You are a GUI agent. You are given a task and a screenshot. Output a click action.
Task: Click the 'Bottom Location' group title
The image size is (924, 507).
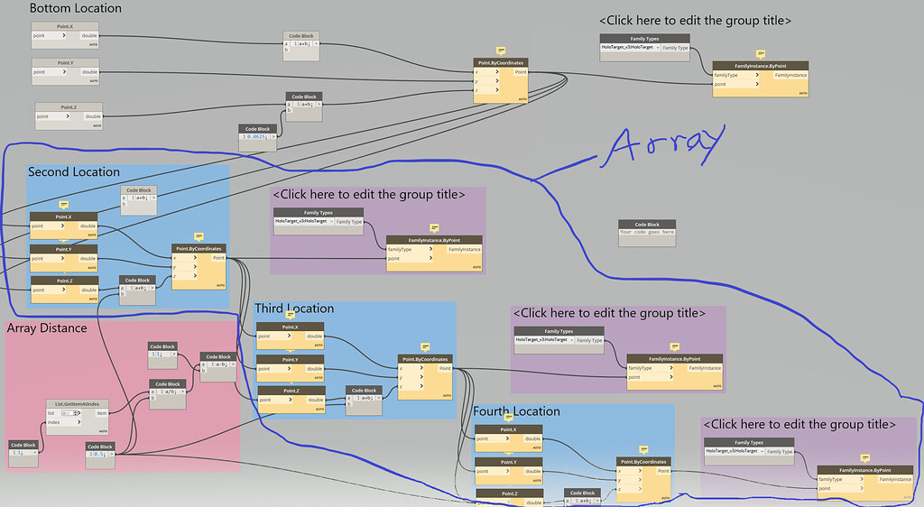[x=76, y=8]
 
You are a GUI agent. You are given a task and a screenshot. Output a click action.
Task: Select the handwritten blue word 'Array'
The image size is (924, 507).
[x=667, y=144]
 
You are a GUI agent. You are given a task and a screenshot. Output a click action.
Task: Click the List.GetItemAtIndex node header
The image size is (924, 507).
[x=78, y=403]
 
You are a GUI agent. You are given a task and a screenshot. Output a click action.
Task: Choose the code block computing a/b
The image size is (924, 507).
[x=167, y=383]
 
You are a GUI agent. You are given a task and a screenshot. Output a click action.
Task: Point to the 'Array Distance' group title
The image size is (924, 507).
[x=47, y=328]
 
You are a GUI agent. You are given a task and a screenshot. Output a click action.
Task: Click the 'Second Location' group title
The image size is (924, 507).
[x=74, y=171]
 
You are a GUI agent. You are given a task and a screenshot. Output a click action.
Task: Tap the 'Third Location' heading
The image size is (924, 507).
[x=294, y=309]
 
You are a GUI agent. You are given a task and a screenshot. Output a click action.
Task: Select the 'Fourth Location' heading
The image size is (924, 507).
[x=517, y=411]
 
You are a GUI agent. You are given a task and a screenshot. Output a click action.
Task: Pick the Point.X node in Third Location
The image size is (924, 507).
[x=290, y=327]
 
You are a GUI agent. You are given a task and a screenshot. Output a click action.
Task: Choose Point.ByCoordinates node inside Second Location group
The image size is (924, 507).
[x=199, y=248]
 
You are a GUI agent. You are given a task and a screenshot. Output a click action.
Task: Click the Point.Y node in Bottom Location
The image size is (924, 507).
[x=65, y=62]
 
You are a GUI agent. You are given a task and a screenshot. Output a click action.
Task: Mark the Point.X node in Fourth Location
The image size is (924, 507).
[x=508, y=429]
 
